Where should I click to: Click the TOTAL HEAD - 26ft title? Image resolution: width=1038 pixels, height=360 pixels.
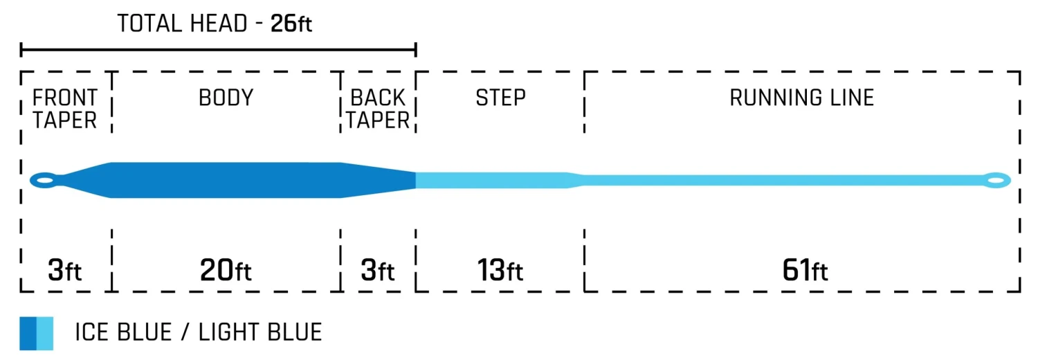click(215, 24)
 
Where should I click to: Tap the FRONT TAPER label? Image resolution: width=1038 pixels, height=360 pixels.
click(65, 109)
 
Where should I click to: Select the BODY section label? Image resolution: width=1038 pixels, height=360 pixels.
click(226, 98)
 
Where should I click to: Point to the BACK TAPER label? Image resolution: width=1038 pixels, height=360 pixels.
click(378, 109)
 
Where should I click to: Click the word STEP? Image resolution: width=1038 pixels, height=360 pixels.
click(500, 98)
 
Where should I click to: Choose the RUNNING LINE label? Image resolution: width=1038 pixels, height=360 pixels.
click(802, 98)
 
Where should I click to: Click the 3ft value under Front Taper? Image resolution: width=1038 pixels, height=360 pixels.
click(65, 270)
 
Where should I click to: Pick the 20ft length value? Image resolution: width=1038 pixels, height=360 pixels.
click(226, 270)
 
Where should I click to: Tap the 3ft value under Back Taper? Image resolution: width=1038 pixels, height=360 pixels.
click(378, 270)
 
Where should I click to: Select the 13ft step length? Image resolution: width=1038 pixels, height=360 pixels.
click(500, 270)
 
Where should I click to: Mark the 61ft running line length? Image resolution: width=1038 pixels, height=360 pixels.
click(805, 270)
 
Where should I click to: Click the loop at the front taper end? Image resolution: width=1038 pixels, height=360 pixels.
click(43, 180)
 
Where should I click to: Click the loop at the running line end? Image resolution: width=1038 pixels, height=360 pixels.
click(996, 180)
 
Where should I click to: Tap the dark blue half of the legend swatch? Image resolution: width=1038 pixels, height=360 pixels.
click(28, 333)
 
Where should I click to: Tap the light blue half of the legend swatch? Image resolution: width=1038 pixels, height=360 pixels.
click(45, 333)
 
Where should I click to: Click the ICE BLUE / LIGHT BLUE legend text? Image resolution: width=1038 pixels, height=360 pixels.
click(199, 333)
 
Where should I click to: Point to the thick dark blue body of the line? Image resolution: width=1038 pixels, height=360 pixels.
click(226, 180)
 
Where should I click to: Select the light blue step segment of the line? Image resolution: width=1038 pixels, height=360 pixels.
click(491, 180)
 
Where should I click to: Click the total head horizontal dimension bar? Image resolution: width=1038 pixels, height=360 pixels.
click(218, 50)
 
